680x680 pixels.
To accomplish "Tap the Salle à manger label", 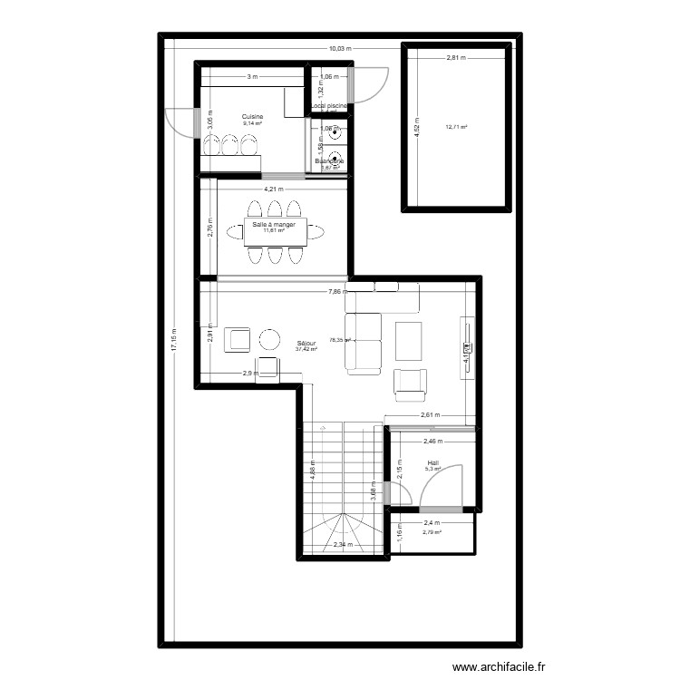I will pyautogui.click(x=274, y=224).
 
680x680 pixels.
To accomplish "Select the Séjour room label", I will pyautogui.click(x=306, y=344).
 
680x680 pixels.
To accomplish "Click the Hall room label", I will pyautogui.click(x=433, y=463).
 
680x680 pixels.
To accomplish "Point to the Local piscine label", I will pyautogui.click(x=329, y=106).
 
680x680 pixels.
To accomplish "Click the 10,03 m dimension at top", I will pyautogui.click(x=340, y=48).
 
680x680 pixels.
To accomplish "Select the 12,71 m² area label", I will pyautogui.click(x=456, y=127).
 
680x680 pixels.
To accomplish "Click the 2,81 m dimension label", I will pyautogui.click(x=455, y=58).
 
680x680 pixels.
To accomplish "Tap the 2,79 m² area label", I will pyautogui.click(x=432, y=532).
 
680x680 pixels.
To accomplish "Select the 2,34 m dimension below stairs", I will pyautogui.click(x=343, y=545).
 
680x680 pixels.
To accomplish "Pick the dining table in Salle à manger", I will pyautogui.click(x=275, y=231).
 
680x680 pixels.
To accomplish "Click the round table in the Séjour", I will pyautogui.click(x=271, y=339).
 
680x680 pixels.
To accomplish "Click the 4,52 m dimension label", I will pyautogui.click(x=416, y=126).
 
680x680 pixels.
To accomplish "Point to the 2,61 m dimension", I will pyautogui.click(x=430, y=415).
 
